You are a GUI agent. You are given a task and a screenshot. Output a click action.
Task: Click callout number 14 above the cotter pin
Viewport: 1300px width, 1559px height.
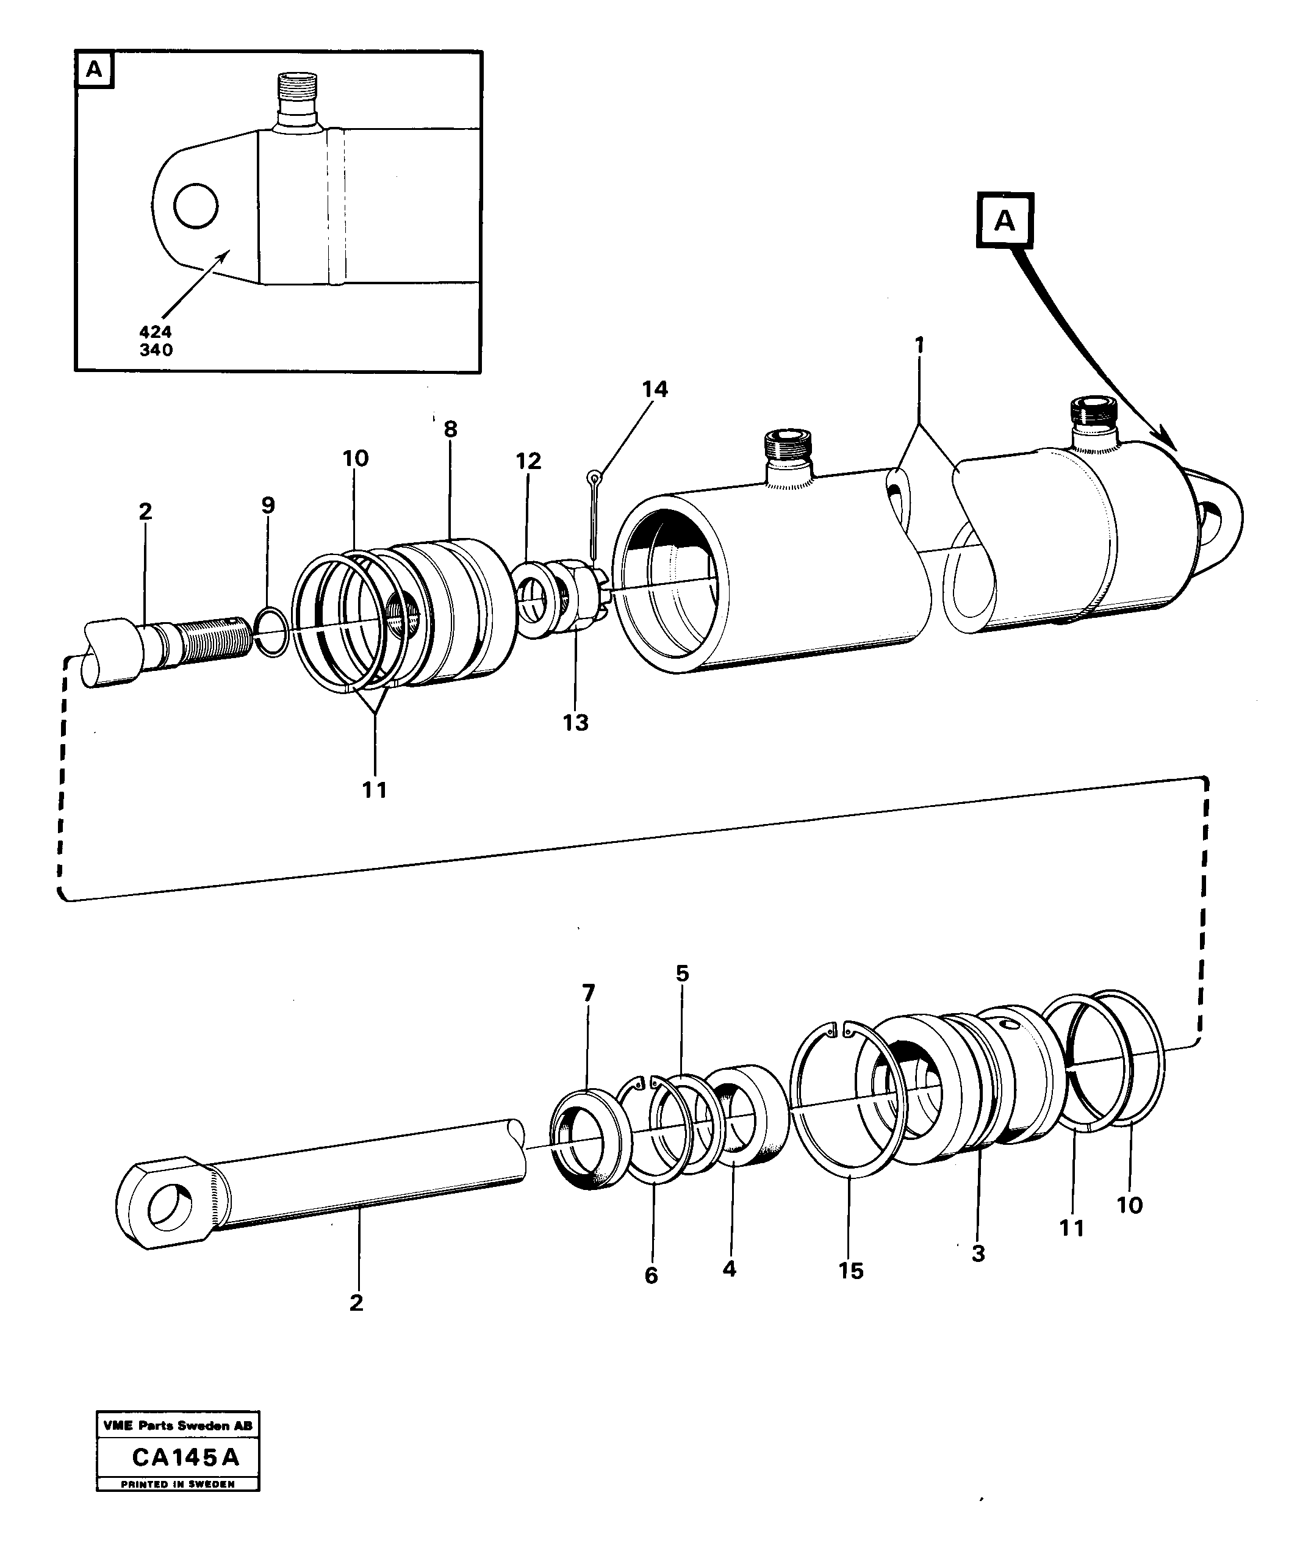(x=655, y=389)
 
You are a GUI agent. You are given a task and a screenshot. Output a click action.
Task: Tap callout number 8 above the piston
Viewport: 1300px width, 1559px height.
(x=451, y=429)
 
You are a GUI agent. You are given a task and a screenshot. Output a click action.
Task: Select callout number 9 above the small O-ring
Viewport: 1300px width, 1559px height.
(x=268, y=506)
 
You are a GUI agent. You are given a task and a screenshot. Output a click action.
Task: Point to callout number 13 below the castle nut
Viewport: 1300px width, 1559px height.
(x=575, y=722)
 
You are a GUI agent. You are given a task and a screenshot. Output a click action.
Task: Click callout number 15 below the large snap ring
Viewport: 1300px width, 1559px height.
(x=851, y=1271)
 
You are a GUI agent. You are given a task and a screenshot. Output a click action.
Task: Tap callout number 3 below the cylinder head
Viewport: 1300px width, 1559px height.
(x=978, y=1254)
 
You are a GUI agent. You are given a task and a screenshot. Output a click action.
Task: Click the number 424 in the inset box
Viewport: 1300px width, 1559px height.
(x=155, y=332)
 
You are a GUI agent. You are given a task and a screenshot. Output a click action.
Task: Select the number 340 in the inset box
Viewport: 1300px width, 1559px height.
(x=156, y=349)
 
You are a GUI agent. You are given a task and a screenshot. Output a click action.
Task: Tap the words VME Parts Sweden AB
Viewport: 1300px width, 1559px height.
(x=178, y=1425)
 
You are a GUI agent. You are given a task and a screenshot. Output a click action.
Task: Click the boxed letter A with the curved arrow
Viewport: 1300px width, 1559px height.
(x=1005, y=220)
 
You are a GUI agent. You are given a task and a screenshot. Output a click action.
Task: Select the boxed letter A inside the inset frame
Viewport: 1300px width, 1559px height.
(x=95, y=70)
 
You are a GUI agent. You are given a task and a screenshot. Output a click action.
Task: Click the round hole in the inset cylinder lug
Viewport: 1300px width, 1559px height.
(x=196, y=206)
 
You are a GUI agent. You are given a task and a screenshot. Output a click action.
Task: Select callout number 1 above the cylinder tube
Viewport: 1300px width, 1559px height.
(x=919, y=345)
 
